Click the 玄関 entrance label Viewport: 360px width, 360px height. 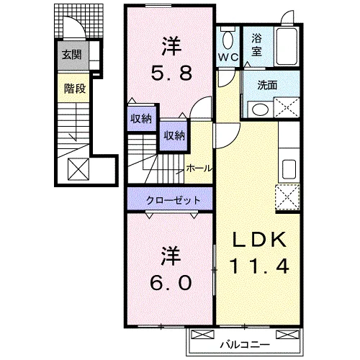click(71, 54)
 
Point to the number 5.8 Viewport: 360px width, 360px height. click(171, 72)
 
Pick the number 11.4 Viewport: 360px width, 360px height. click(260, 266)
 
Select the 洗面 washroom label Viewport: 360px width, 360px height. click(268, 84)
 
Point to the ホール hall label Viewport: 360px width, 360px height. click(199, 168)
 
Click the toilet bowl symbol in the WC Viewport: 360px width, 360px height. click(230, 38)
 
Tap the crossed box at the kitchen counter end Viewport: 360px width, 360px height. click(288, 196)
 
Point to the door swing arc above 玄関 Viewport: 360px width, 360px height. click(72, 29)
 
